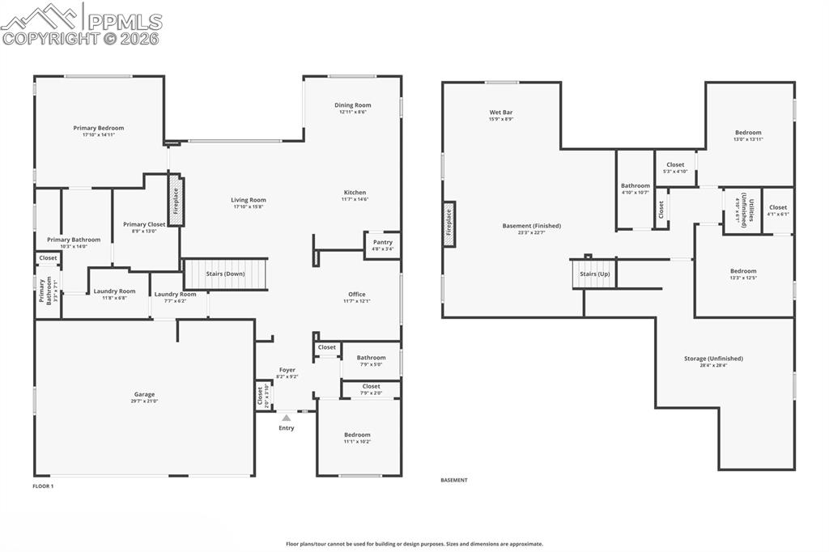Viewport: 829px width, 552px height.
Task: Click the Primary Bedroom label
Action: point(99,128)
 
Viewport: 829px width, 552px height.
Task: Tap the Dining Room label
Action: point(353,105)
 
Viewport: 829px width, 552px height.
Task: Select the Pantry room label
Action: point(383,242)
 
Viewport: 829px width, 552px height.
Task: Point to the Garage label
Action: point(145,394)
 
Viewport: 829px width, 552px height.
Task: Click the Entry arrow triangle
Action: point(286,418)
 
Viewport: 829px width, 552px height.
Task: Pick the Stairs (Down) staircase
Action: point(225,274)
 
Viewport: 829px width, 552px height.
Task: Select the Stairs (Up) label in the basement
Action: point(594,274)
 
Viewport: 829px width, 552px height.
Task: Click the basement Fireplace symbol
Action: point(449,223)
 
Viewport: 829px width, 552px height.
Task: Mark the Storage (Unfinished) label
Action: point(713,359)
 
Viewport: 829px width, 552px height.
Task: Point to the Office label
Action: point(356,295)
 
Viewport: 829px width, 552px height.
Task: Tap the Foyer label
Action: point(287,370)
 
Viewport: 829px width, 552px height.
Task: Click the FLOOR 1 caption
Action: point(43,486)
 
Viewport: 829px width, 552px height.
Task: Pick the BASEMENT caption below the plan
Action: point(454,480)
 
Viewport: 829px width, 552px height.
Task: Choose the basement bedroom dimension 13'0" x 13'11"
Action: point(748,139)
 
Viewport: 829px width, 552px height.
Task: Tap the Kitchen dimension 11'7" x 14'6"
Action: point(355,199)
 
